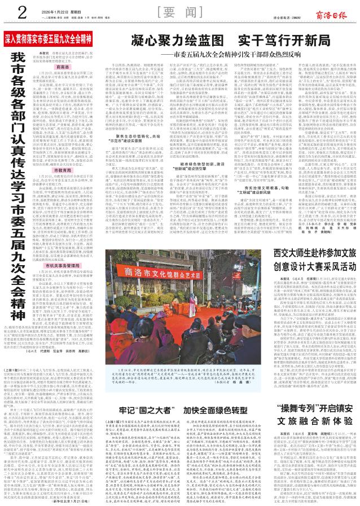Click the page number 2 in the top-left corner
pyautogui.click(x=7, y=10)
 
